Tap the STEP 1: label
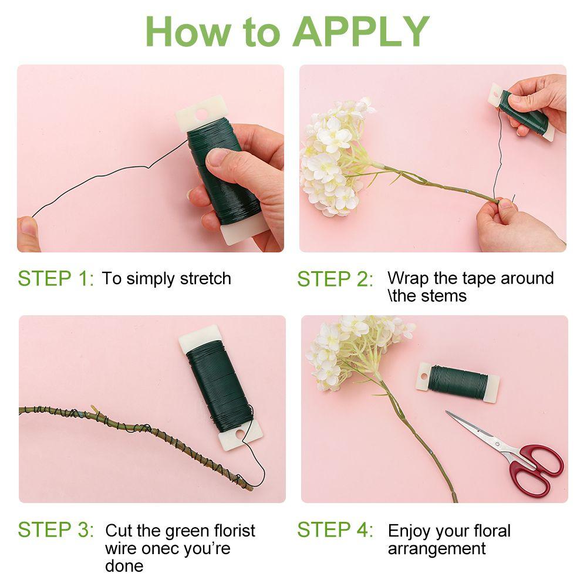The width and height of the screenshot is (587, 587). point(56,279)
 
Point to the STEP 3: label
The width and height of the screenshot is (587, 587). point(56,530)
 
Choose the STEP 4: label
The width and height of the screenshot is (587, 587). point(335,530)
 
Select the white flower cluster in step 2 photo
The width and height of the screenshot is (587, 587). point(332,156)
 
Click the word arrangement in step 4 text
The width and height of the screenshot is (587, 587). point(437,549)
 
